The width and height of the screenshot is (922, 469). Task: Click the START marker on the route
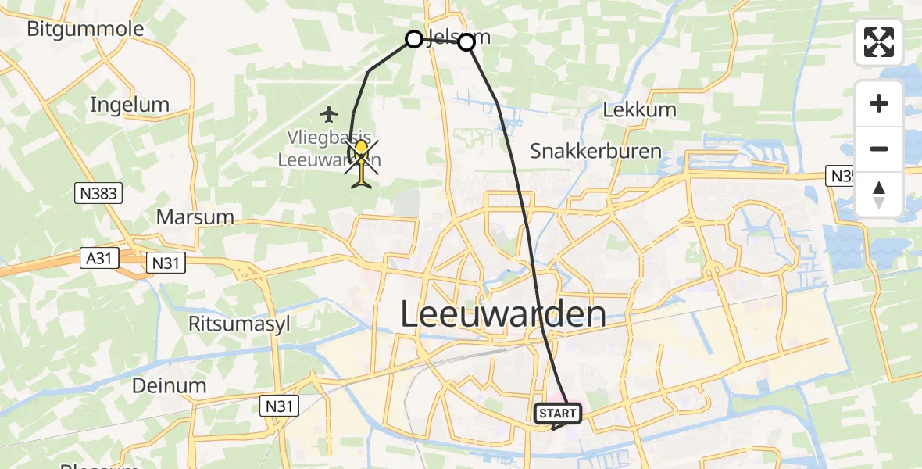click(x=558, y=414)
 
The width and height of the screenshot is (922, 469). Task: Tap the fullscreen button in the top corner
click(x=879, y=42)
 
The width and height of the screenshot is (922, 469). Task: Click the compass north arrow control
click(x=879, y=195)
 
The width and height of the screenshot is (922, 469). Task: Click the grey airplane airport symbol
click(x=329, y=115)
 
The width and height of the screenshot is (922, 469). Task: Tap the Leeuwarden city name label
click(x=503, y=314)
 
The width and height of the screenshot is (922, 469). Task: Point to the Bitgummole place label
click(x=85, y=30)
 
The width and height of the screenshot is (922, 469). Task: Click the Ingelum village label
click(x=130, y=105)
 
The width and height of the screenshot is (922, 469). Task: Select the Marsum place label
click(x=195, y=217)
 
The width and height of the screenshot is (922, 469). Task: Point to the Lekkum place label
click(x=639, y=109)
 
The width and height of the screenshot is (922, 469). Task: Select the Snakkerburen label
click(x=595, y=151)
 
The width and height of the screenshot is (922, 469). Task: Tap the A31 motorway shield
click(x=98, y=257)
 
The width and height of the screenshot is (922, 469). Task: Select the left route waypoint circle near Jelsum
click(x=414, y=38)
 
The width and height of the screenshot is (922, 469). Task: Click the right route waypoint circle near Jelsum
click(x=466, y=42)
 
